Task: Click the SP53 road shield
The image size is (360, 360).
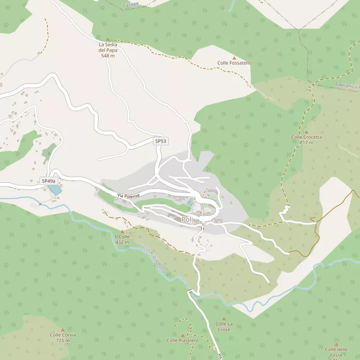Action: pos(161,141)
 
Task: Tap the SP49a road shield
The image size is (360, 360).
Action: pos(48,181)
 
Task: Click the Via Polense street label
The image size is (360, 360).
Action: pos(128,195)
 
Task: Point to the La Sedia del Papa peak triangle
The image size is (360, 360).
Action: pos(107,39)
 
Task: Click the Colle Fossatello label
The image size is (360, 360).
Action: pos(234,63)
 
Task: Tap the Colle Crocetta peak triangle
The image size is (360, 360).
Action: pos(307,132)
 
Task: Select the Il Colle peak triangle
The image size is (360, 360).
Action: pos(122,232)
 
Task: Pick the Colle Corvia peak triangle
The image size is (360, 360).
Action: pos(63,330)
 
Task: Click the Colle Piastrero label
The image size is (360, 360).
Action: pos(183,340)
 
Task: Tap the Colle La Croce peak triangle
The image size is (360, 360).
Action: pos(224,319)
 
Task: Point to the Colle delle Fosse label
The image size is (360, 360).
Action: pos(336,350)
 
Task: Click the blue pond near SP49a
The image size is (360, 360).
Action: pos(55,190)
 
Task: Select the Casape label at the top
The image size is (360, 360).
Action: pos(131,4)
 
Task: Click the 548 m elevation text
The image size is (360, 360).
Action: pos(108,55)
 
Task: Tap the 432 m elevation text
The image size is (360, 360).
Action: pos(122,242)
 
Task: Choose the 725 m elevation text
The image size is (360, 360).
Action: pos(63,340)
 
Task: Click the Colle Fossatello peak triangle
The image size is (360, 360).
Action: pos(234,57)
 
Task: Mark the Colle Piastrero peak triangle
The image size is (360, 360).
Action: pos(183,335)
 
